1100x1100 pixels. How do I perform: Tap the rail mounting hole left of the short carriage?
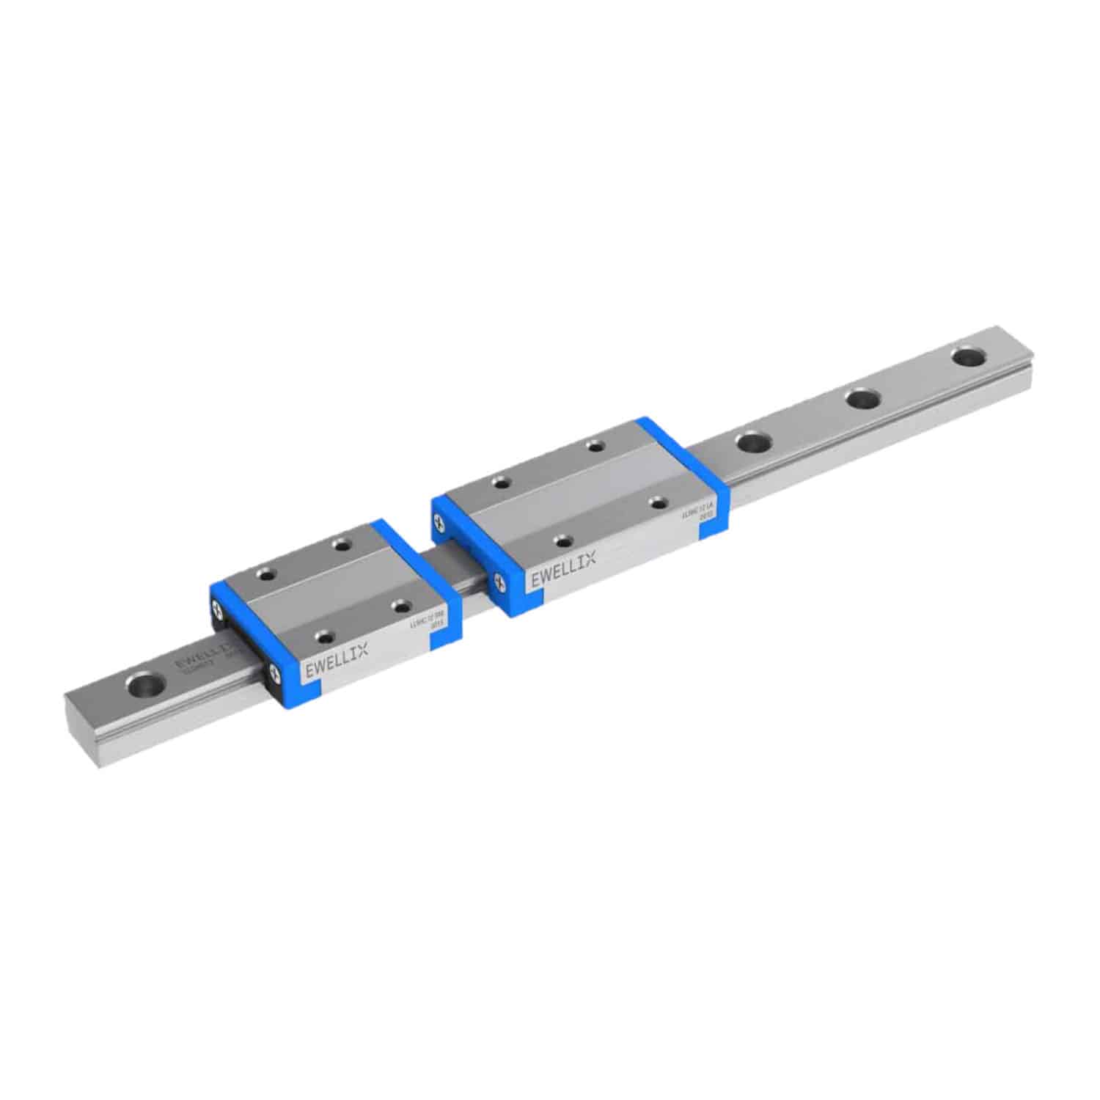145,687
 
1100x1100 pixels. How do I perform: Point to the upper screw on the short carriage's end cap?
218,608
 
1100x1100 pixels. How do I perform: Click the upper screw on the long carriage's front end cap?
439,522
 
